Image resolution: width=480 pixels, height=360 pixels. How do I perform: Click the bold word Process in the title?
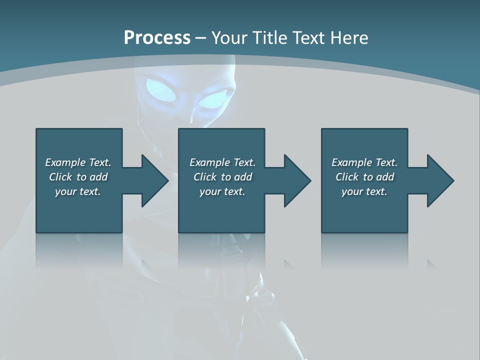157,38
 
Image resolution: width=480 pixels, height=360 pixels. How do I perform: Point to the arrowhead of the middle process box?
296,180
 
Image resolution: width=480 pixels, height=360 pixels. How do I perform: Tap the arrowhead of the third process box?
439,180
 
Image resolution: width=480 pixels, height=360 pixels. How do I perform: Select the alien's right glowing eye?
213,100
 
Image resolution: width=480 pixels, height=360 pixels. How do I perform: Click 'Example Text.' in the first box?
78,162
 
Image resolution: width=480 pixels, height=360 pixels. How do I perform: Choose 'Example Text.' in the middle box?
222,162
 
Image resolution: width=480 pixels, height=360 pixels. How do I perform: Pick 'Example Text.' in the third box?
364,162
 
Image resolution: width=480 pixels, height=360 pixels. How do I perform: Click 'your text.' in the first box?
78,191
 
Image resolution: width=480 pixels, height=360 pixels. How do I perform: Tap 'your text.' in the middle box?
222,191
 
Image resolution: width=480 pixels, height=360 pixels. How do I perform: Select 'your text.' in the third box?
364,191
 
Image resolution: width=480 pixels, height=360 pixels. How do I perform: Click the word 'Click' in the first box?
60,177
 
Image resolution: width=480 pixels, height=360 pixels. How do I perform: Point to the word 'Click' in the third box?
347,177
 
